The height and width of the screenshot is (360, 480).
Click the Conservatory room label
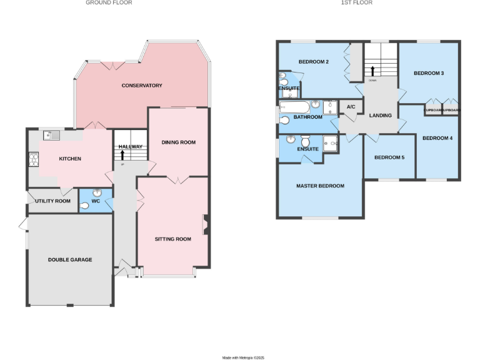(142, 86)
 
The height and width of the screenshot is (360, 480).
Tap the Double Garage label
(70, 259)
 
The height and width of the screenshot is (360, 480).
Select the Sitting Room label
(173, 239)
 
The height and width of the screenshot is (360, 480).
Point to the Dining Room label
(179, 142)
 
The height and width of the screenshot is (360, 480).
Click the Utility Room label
(53, 201)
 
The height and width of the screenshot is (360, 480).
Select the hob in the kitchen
(33, 160)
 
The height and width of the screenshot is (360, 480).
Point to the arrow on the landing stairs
(372, 70)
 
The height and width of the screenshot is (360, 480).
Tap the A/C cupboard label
(351, 107)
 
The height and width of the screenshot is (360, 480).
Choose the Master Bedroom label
(320, 186)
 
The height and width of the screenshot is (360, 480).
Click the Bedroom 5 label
(389, 157)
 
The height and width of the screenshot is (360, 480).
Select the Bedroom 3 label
(429, 74)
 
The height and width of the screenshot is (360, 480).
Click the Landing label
(381, 116)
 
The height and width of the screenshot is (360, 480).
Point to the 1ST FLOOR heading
(357, 3)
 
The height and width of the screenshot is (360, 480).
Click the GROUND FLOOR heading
(109, 3)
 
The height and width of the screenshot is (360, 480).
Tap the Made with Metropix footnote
(244, 357)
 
